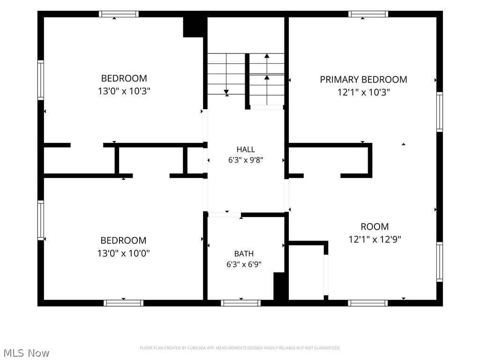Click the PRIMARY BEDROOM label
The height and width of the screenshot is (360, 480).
363,80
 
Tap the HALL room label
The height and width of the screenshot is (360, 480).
246,150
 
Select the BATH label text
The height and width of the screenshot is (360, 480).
244,254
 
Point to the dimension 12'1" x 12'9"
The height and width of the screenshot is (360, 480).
375,239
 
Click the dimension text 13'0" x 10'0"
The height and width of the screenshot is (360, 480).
123,253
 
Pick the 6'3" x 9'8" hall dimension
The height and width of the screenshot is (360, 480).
246,160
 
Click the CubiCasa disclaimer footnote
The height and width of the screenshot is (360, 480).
240,348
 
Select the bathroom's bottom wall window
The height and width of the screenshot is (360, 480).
240,303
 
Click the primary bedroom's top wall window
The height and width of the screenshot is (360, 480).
368,14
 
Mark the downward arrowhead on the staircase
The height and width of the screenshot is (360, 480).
226,92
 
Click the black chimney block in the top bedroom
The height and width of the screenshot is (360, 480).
193,27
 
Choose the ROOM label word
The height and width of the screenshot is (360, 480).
375,226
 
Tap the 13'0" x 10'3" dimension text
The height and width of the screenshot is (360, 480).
124,91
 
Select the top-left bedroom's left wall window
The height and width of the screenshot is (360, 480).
41,80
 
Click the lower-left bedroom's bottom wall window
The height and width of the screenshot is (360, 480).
123,303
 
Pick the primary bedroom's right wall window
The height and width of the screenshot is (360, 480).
440,112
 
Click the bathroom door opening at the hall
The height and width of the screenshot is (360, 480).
225,215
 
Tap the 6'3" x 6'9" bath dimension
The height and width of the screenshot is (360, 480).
244,264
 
